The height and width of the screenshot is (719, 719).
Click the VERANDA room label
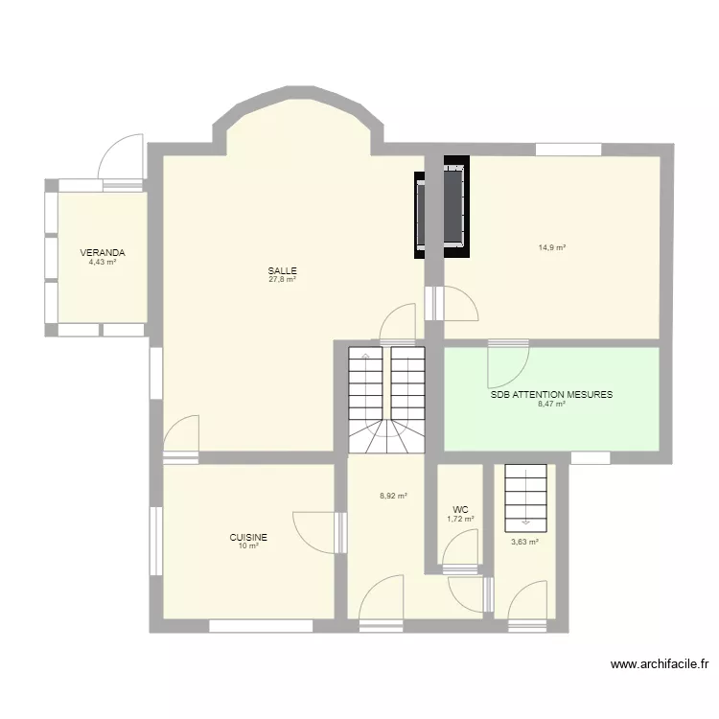[x=103, y=253]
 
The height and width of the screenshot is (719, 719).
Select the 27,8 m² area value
[x=282, y=280]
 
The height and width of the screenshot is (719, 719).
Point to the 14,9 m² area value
[x=551, y=247]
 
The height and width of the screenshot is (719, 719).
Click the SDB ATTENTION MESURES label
[x=551, y=394]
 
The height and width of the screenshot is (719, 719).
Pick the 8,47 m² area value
[x=551, y=404]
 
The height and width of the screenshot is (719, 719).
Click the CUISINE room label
[x=247, y=538]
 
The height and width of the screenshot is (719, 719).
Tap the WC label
[x=460, y=510]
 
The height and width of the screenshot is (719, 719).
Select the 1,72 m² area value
[x=460, y=520]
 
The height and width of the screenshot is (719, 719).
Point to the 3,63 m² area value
[x=524, y=542]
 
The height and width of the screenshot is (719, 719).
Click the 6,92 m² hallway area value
[x=393, y=496]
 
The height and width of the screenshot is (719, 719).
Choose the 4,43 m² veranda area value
[x=103, y=262]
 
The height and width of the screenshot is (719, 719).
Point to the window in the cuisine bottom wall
[x=260, y=626]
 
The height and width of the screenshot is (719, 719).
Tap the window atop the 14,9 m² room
[x=568, y=149]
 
